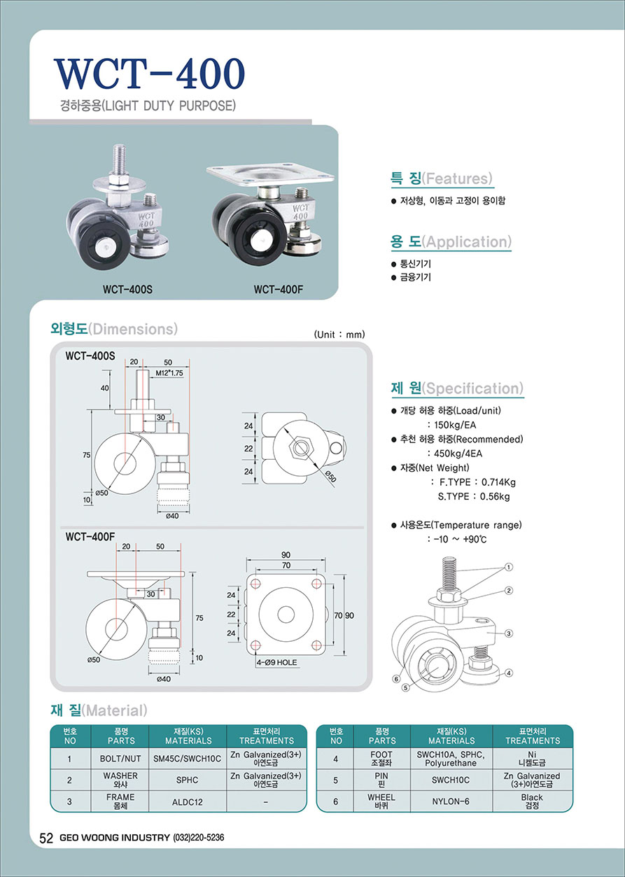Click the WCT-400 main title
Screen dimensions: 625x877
coord(149,74)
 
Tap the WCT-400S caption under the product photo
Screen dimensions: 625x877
coord(127,290)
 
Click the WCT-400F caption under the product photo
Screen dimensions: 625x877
coord(279,290)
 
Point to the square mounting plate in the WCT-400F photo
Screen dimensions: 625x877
coord(270,174)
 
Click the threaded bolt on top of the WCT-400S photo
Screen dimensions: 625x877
coord(119,160)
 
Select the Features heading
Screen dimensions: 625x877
coord(441,178)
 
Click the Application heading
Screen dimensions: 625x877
coord(450,241)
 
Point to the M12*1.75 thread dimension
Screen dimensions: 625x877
coord(169,373)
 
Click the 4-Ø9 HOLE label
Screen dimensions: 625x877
coord(276,662)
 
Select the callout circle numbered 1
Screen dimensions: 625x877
coord(508,567)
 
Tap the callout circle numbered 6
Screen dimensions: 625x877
coord(397,678)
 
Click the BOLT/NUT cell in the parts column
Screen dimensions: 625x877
coord(120,759)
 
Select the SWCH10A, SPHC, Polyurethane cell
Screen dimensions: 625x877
coord(451,759)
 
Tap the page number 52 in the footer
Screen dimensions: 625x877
coord(45,838)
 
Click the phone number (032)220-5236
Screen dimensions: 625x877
coord(199,838)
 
